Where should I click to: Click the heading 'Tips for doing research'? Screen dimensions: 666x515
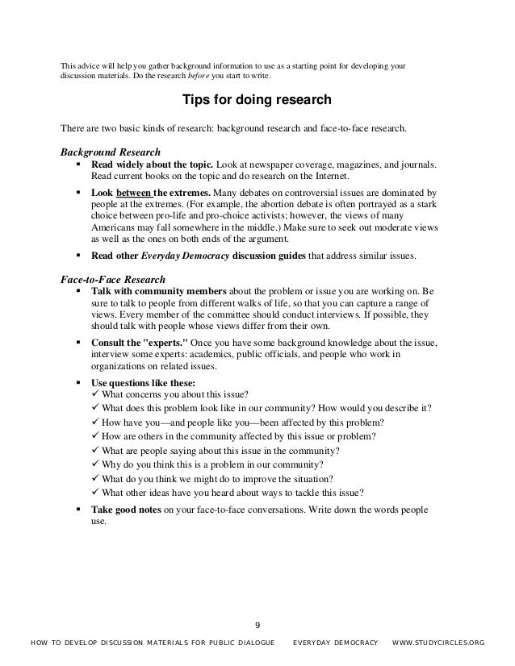pyautogui.click(x=257, y=102)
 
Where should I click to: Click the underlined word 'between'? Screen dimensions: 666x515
pyautogui.click(x=134, y=194)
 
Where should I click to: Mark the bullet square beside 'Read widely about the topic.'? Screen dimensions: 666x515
pyautogui.click(x=78, y=164)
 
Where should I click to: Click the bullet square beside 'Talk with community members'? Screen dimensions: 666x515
pyautogui.click(x=78, y=289)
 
